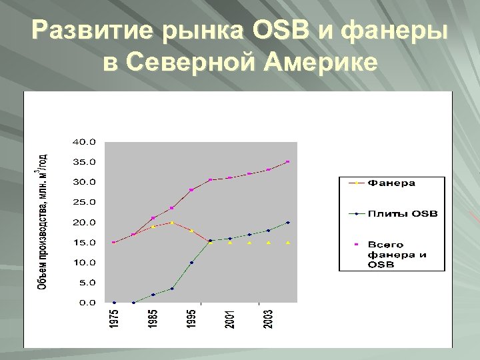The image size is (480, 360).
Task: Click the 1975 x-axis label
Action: coord(115,317)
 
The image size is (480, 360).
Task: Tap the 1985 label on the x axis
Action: coord(153,317)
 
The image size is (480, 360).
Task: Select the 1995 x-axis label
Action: coord(191,317)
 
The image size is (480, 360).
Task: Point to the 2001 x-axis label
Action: coord(230,317)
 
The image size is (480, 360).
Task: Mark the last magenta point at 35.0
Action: coord(288,161)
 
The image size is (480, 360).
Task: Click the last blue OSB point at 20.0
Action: coord(288,222)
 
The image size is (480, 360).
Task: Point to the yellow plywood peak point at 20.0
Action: coord(172,223)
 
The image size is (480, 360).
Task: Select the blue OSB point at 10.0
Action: coord(191,263)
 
